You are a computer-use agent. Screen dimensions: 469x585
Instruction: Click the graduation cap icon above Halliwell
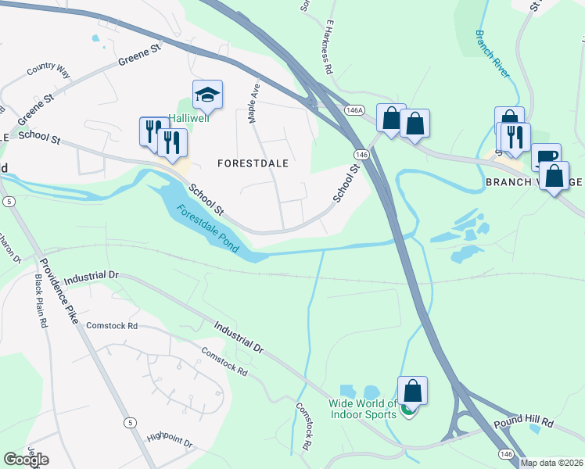[x=207, y=95]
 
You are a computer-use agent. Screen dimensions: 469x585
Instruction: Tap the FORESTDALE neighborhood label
[x=253, y=163]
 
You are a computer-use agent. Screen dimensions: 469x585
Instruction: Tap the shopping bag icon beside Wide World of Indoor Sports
[x=412, y=391]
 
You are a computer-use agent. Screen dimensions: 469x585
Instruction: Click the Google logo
[x=26, y=460]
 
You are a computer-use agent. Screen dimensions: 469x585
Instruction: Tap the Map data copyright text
[x=551, y=463]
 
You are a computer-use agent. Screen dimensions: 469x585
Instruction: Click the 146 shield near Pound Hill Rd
[x=507, y=453]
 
